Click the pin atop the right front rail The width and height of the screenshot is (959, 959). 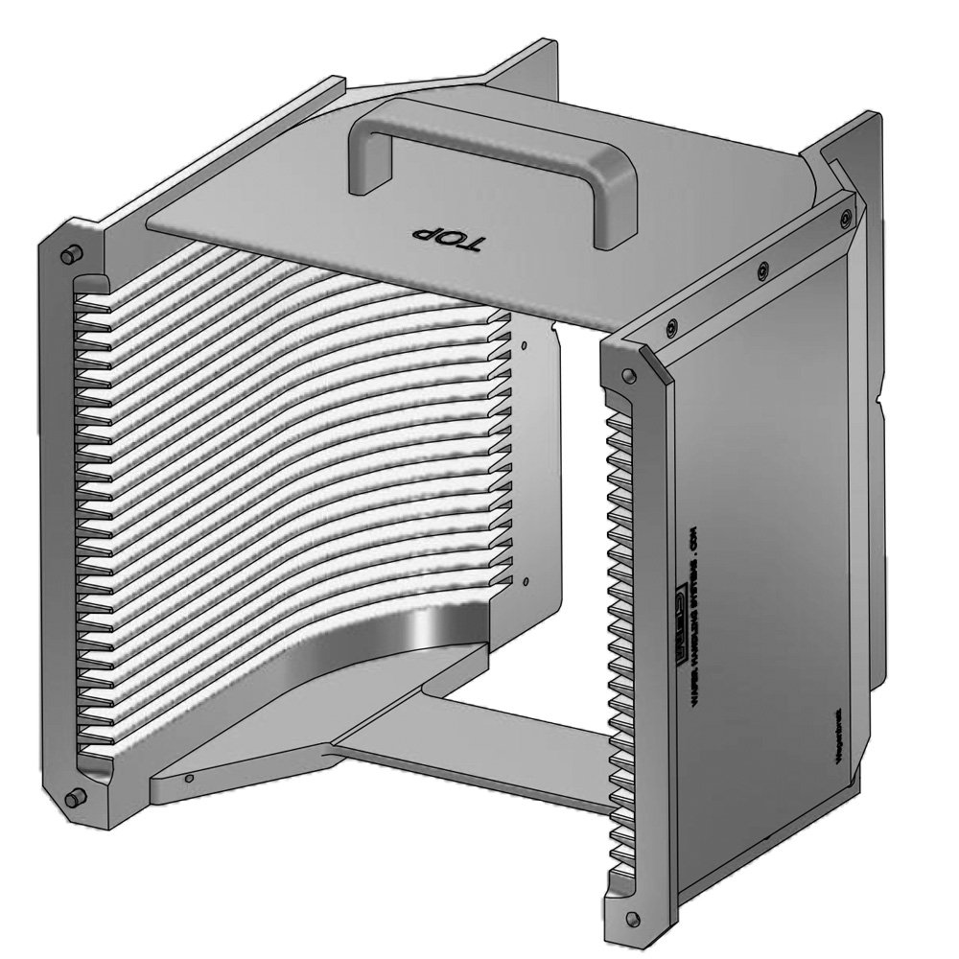click(x=628, y=375)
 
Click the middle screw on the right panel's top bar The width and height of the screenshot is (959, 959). click(x=762, y=269)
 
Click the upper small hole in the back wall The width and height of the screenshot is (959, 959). click(x=526, y=343)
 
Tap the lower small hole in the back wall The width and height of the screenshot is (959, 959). click(x=526, y=579)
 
